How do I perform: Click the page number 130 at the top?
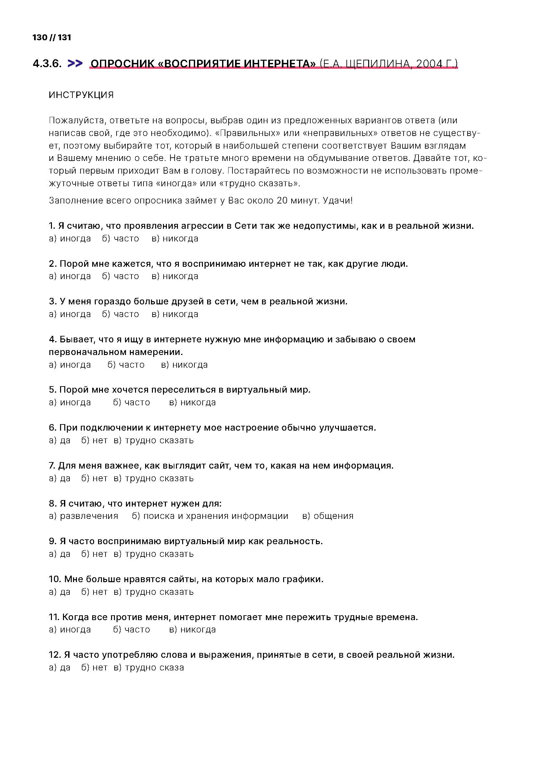coord(40,37)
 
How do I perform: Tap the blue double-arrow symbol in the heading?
coord(75,63)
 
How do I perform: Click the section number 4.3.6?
coord(47,64)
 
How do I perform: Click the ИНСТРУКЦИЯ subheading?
coord(81,95)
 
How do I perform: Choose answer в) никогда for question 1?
coord(175,239)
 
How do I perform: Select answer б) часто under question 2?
coord(120,276)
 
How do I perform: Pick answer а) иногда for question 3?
coord(69,314)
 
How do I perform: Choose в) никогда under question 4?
coord(184,365)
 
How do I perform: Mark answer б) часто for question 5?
coord(131,402)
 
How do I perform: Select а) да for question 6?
coord(59,440)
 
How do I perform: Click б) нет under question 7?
coord(94,478)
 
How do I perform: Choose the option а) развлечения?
coord(83,516)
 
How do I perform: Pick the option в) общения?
coord(328,516)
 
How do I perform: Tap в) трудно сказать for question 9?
coord(154,554)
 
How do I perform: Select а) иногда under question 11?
coord(69,630)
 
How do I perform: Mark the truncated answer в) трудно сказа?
coord(149,667)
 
